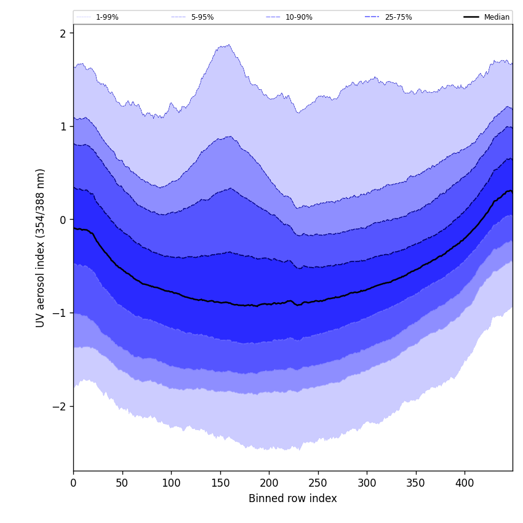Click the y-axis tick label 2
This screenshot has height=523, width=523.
pyautogui.click(x=63, y=33)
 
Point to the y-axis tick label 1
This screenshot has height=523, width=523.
pyautogui.click(x=63, y=127)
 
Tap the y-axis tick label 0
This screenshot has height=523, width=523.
pyautogui.click(x=63, y=220)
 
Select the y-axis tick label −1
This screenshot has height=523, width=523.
pyautogui.click(x=60, y=313)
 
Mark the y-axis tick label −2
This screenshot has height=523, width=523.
pyautogui.click(x=60, y=407)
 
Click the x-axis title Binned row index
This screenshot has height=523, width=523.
pyautogui.click(x=293, y=498)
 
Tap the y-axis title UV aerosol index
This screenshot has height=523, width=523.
pyautogui.click(x=41, y=248)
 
